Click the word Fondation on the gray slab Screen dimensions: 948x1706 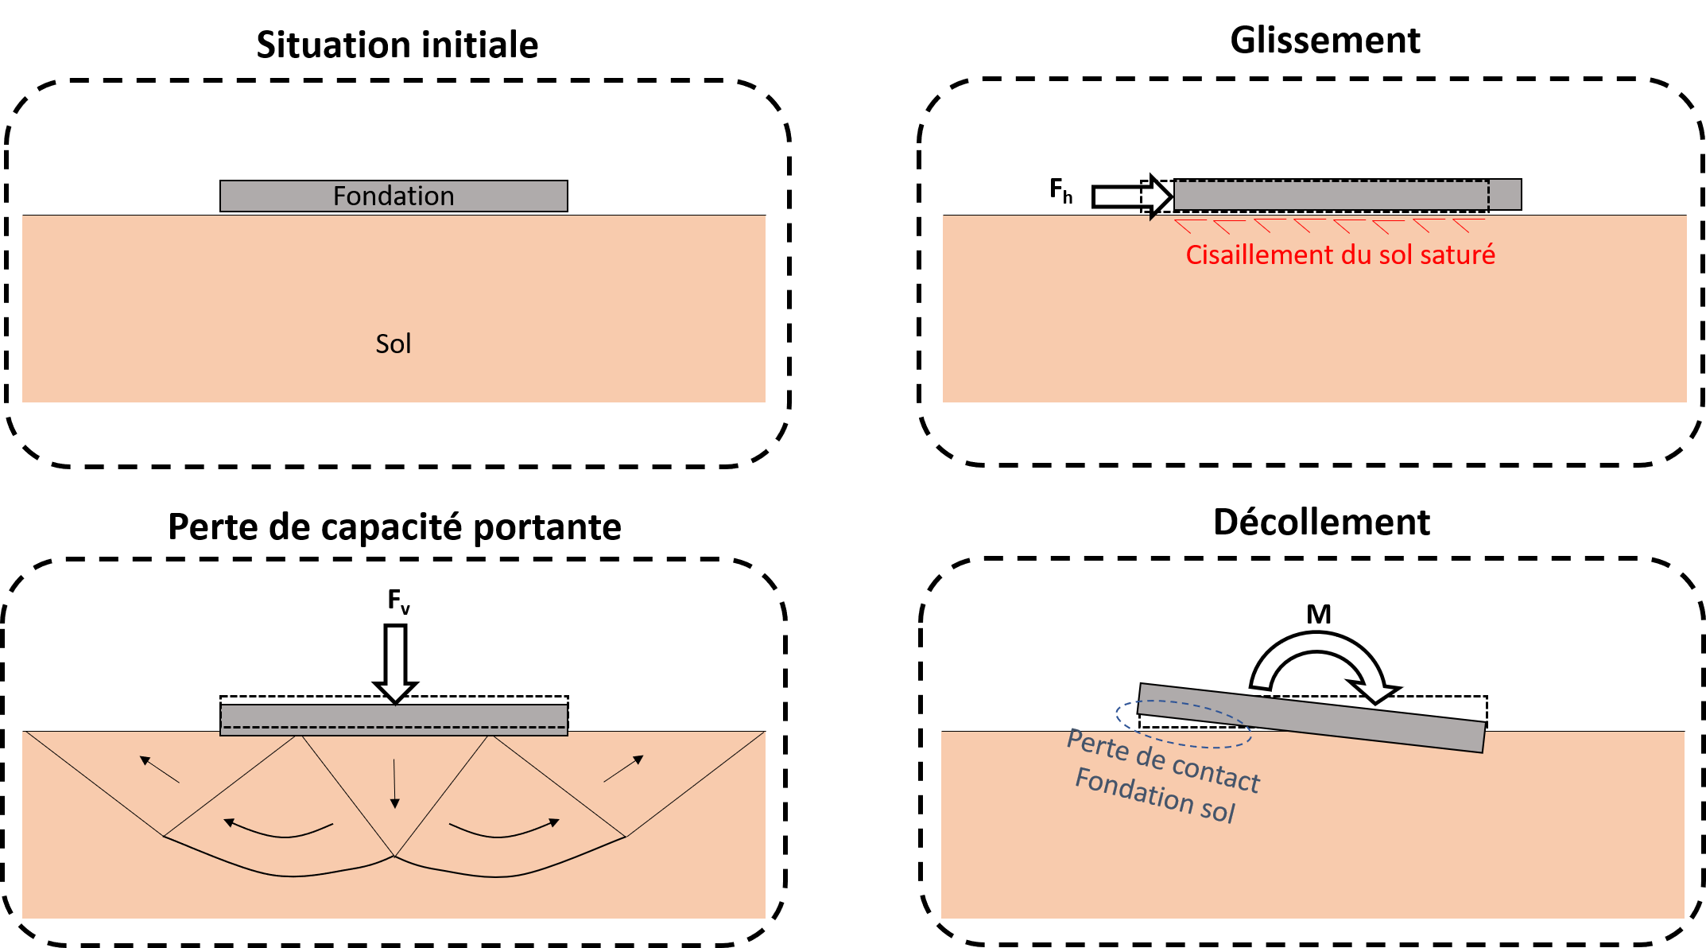pos(394,196)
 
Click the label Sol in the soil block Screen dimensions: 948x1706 pos(393,344)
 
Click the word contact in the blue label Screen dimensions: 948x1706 pos(1216,774)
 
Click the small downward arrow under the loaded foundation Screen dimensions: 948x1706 pos(394,784)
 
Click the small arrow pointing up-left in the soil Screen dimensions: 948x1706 pos(159,769)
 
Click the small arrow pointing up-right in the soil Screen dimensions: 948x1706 pos(624,768)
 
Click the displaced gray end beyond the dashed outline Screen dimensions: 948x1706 pos(1505,195)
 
